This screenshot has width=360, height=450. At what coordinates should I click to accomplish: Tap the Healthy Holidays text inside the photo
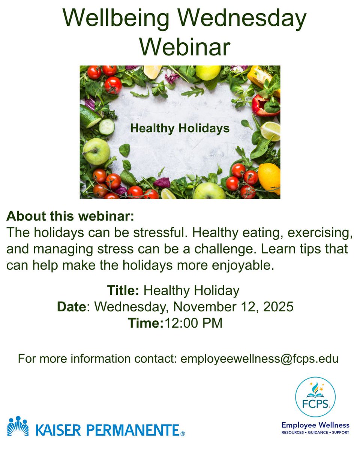[x=180, y=129]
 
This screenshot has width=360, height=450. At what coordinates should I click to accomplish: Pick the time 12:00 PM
[x=193, y=323]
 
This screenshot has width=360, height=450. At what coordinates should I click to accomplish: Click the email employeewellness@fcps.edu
[x=259, y=358]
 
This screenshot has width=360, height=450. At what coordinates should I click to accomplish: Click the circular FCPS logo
[x=315, y=397]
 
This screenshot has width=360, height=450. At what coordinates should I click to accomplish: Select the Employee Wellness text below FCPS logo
[x=315, y=425]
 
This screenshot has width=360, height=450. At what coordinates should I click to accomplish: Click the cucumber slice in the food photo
[x=106, y=127]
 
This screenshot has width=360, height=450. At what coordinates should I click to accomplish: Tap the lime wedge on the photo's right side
[x=271, y=131]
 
